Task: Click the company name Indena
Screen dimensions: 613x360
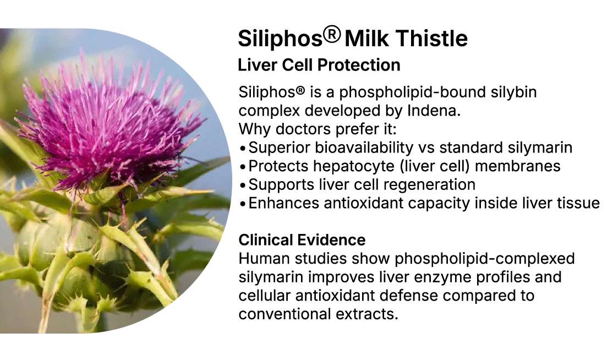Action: point(434,111)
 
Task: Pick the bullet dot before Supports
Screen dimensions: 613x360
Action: point(243,186)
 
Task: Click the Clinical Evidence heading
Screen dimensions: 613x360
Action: point(302,239)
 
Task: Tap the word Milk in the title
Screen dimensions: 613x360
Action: point(366,39)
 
